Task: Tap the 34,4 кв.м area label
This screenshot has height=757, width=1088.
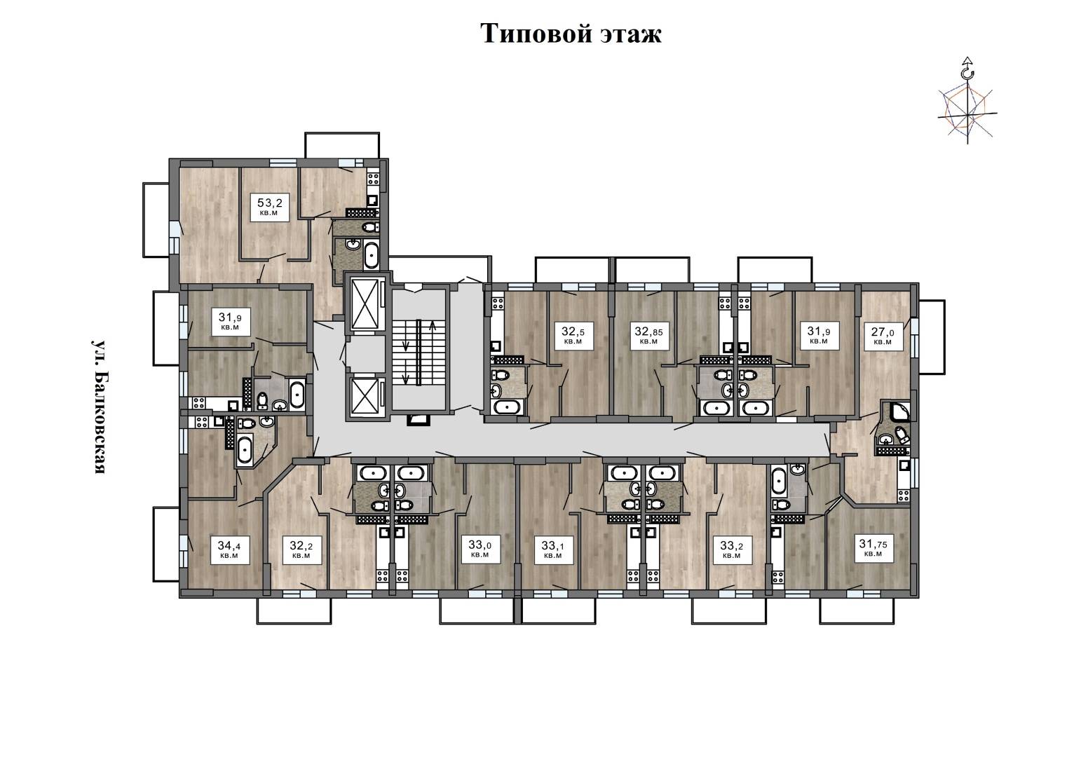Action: point(229,550)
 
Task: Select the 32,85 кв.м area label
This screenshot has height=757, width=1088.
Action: point(649,335)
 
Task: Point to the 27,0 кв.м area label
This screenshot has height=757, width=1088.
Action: point(883,336)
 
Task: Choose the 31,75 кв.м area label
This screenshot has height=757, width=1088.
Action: point(873,548)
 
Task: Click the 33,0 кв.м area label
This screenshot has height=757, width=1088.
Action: point(480,549)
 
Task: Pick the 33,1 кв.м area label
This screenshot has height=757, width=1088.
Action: point(553,550)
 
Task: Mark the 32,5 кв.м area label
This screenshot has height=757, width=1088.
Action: point(573,335)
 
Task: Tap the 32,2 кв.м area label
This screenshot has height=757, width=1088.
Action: point(301,550)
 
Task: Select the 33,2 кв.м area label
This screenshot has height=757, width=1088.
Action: point(731,550)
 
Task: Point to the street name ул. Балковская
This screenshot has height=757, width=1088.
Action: point(99,407)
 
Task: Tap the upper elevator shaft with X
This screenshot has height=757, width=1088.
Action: point(365,304)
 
